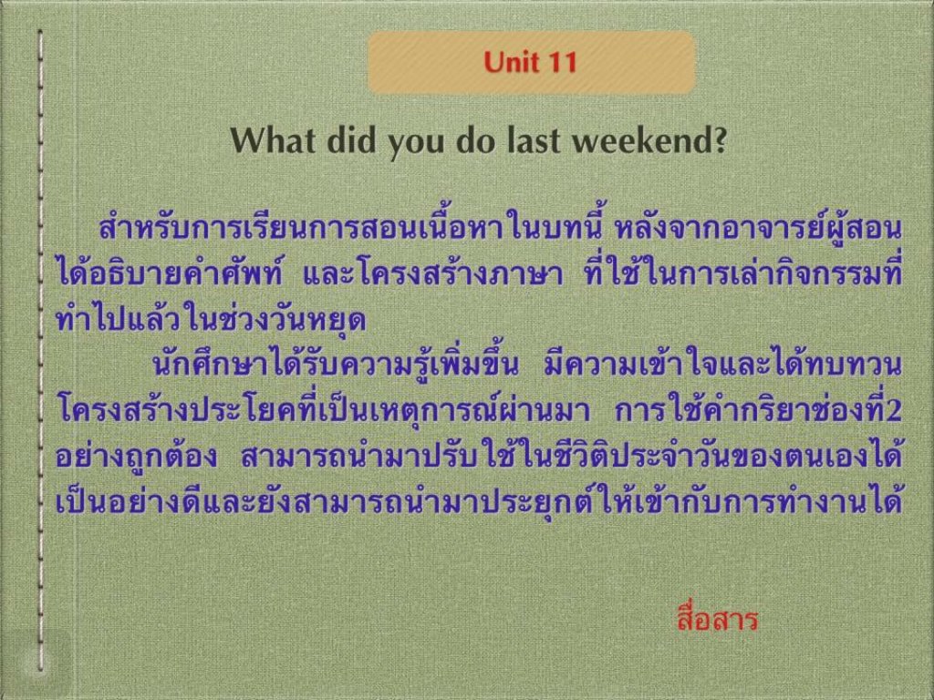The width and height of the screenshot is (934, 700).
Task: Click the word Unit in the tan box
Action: (x=509, y=62)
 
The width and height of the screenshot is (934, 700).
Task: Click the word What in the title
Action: (x=273, y=139)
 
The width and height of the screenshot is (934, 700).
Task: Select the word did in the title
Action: (x=352, y=139)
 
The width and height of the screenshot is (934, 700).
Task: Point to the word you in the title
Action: (x=417, y=143)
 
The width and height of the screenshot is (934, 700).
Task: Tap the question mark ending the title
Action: (x=720, y=139)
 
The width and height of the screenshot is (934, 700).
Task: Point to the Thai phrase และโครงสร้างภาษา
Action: (x=432, y=273)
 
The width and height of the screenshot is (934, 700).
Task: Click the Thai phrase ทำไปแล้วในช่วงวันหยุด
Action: (x=211, y=320)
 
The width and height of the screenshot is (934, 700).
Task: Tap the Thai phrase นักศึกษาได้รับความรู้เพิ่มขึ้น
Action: (x=336, y=363)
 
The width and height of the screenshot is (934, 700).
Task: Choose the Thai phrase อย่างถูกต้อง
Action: (x=137, y=456)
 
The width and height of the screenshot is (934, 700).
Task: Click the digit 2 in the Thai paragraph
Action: (x=893, y=410)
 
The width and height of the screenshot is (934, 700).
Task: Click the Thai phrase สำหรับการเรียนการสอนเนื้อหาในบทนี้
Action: (x=351, y=228)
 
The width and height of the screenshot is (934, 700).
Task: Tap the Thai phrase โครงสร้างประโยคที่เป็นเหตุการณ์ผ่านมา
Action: (x=325, y=409)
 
